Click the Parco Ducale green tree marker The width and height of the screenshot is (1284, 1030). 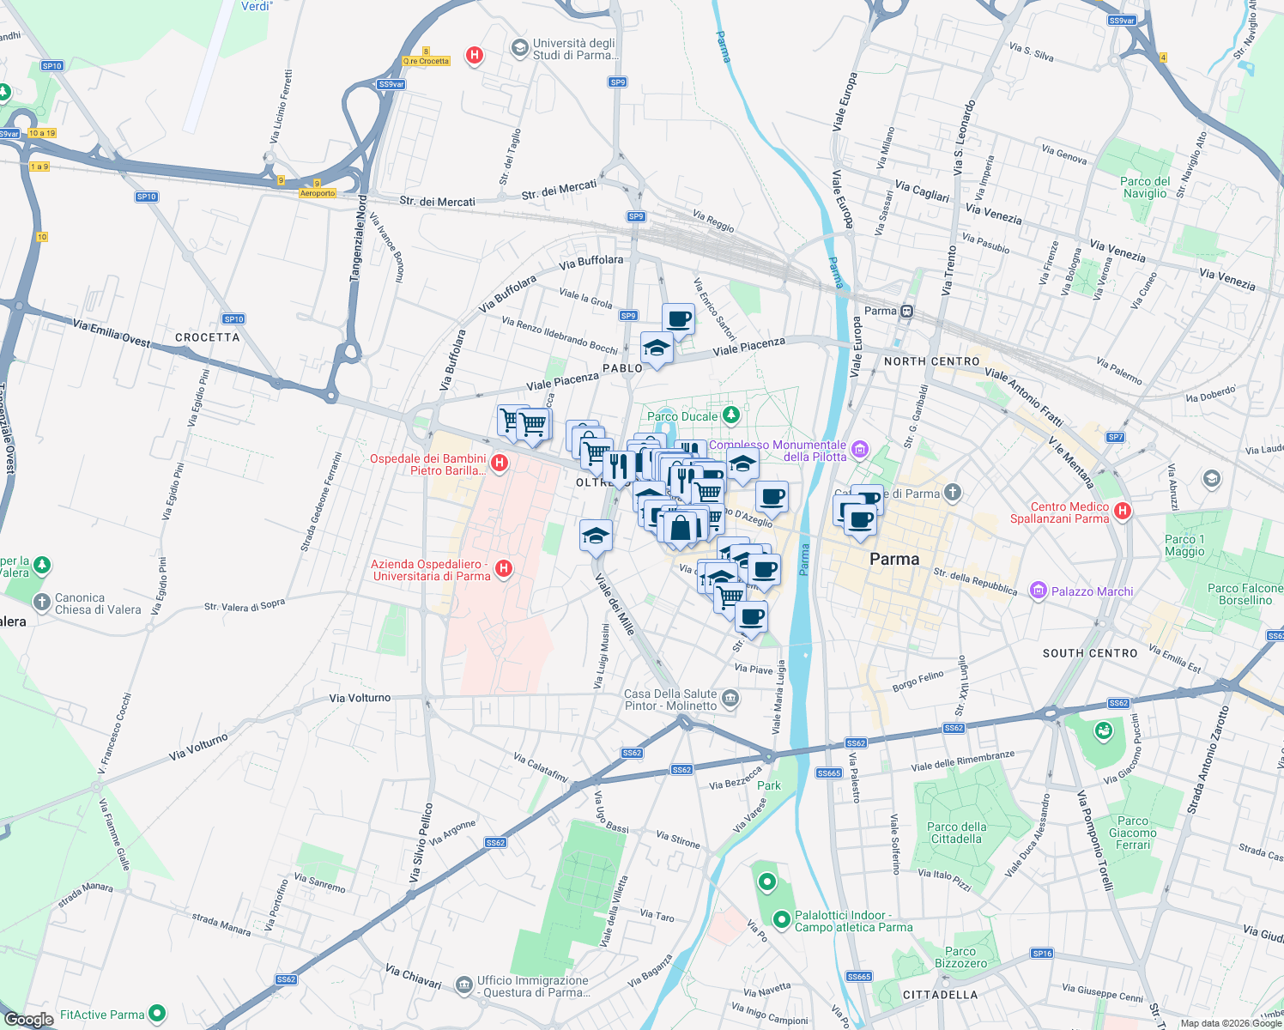[x=730, y=416]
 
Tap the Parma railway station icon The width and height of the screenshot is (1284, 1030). [x=906, y=311]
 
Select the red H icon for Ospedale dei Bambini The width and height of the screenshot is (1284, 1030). [x=499, y=463]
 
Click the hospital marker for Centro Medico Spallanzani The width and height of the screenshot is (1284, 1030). [x=1122, y=512]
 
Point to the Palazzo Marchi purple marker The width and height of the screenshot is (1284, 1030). [x=1039, y=591]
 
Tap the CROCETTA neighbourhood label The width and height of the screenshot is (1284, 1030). [x=207, y=337]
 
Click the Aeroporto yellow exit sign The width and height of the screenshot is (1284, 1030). [x=318, y=193]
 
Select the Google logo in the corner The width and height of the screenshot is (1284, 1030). [x=28, y=1019]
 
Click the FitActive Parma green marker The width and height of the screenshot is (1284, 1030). [x=157, y=1014]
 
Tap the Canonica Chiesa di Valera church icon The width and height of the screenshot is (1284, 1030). [x=41, y=603]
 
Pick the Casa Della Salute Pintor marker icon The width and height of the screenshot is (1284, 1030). [x=730, y=699]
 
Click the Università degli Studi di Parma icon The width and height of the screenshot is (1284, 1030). [x=519, y=48]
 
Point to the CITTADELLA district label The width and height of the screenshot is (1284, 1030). [x=940, y=995]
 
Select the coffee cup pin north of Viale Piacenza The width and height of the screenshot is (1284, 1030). [x=678, y=319]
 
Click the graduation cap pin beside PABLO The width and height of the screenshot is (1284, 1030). [x=657, y=348]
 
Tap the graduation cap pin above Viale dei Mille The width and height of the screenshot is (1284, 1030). [x=596, y=536]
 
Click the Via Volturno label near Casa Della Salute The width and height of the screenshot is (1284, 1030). [x=360, y=698]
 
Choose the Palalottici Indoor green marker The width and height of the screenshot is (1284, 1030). [x=781, y=920]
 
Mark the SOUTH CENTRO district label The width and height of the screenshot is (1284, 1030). [x=1089, y=653]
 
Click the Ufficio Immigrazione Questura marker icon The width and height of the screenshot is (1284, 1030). [x=463, y=983]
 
